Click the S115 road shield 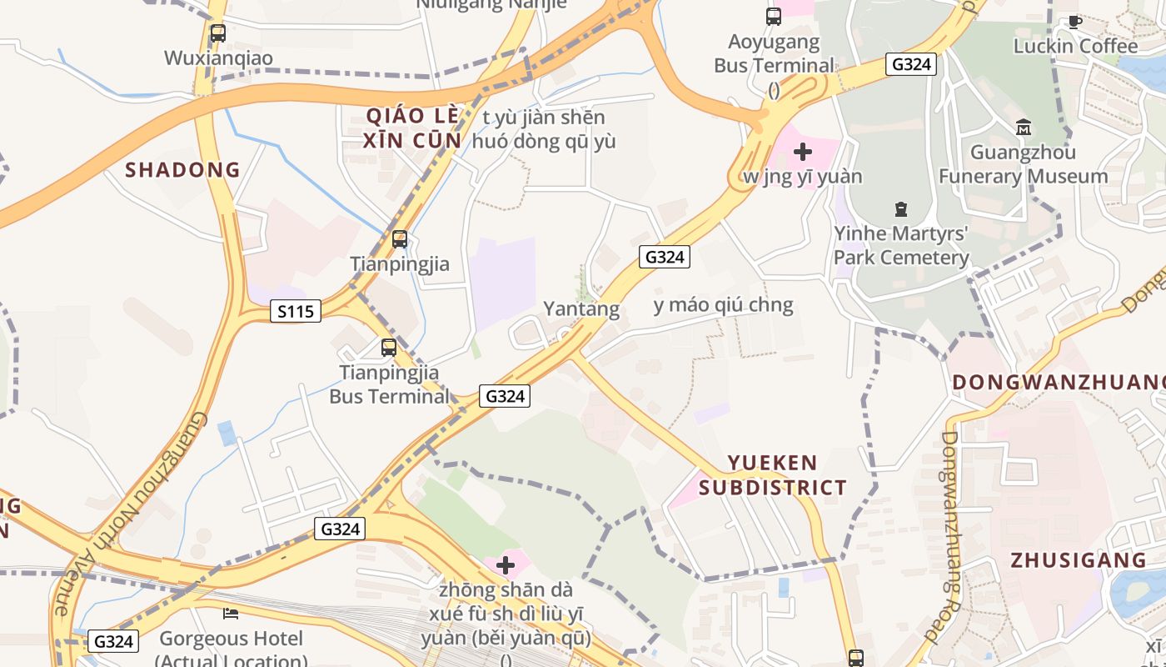tap(296, 312)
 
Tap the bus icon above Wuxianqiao tap(217, 33)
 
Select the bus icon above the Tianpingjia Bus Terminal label tap(388, 348)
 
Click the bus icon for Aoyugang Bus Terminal tap(774, 16)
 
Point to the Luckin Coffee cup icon tap(1075, 22)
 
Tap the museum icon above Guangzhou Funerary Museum tap(1024, 128)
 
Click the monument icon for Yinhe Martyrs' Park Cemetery tap(900, 208)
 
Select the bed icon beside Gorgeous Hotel tap(231, 614)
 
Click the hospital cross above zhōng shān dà tap(505, 566)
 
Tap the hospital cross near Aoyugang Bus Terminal tap(803, 152)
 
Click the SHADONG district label tap(182, 170)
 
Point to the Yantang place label tap(581, 309)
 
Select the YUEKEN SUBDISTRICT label tap(772, 475)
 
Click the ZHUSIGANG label tap(1079, 560)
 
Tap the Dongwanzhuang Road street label tap(952, 538)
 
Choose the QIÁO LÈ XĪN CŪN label tap(412, 128)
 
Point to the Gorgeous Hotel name tap(232, 639)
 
